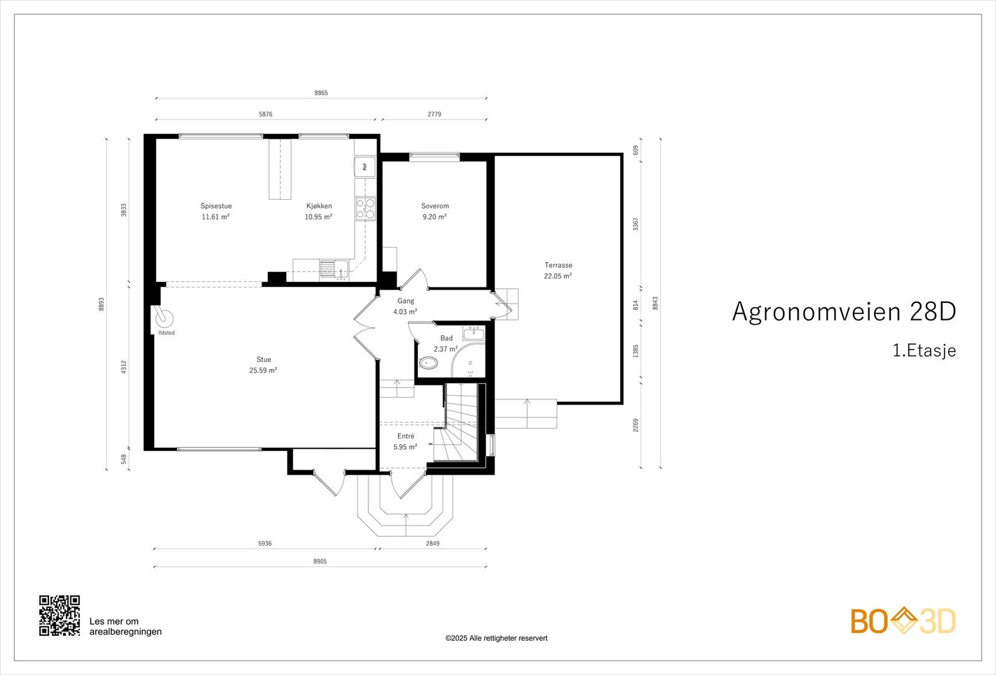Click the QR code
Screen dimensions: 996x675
point(60,615)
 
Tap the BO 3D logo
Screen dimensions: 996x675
point(903,621)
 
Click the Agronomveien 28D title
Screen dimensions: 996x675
point(844,312)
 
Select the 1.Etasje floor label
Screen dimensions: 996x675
point(924,351)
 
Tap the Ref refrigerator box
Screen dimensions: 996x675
point(365,167)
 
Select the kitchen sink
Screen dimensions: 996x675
point(334,270)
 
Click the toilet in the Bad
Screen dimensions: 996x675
point(428,363)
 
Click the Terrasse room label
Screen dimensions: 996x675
point(558,265)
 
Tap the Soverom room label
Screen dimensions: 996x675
point(435,206)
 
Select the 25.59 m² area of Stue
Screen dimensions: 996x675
point(263,370)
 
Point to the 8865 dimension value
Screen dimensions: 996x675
point(321,93)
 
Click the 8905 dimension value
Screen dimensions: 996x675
point(320,561)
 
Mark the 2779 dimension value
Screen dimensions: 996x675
point(435,114)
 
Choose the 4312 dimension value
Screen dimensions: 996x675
point(124,367)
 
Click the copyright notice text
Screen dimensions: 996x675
point(497,638)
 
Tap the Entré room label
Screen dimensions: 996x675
point(405,436)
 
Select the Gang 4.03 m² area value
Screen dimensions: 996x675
point(405,312)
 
